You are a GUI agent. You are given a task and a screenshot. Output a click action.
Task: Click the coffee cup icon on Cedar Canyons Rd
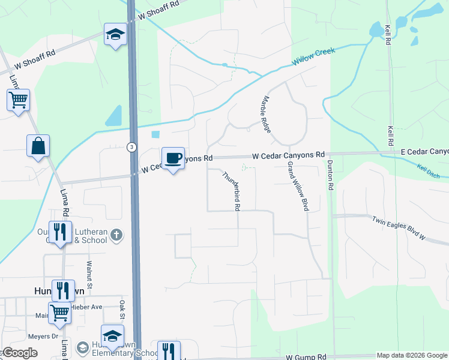click(x=173, y=158)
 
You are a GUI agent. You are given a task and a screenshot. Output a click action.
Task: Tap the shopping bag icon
click(x=38, y=146)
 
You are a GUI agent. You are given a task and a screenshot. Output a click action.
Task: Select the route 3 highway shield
click(x=131, y=146)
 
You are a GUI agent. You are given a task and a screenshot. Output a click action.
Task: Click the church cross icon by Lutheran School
click(x=117, y=234)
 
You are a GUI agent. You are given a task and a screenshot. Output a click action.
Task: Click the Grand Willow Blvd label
click(x=298, y=185)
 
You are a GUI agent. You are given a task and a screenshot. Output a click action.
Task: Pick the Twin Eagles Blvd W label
click(x=398, y=228)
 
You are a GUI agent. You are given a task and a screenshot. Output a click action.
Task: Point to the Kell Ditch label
click(x=429, y=171)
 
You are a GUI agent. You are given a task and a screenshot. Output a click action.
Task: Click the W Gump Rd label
click(x=306, y=356)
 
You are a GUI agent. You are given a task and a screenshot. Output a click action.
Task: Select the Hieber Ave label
click(x=88, y=307)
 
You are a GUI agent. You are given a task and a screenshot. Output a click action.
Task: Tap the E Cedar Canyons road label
click(x=424, y=152)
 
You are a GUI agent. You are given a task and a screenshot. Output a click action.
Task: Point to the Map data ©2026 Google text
click(x=411, y=355)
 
